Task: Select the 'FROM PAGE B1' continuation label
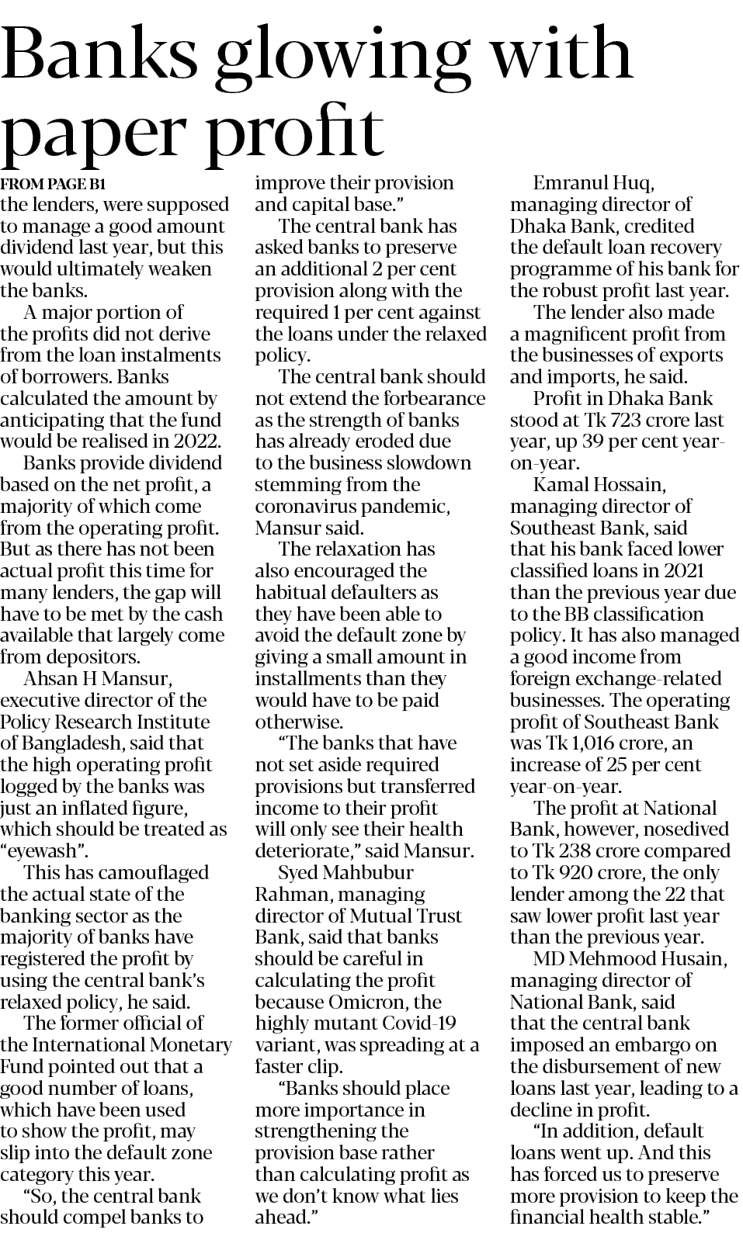(52, 185)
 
